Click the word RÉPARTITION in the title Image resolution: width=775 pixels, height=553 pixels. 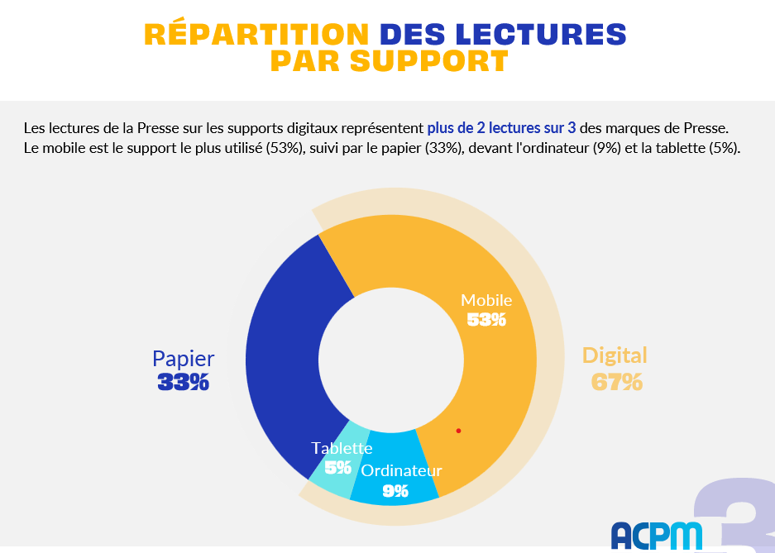coord(256,34)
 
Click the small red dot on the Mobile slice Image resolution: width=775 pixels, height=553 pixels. coord(458,431)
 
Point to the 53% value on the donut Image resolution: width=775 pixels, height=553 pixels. coord(486,320)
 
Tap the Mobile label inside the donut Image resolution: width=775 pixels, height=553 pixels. coord(486,300)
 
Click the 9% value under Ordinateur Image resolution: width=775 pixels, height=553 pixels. coord(395,491)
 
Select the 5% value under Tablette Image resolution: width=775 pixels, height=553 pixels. coord(337,468)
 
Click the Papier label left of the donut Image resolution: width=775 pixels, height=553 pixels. coord(183,359)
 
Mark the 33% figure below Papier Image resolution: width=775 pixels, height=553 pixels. coord(183,382)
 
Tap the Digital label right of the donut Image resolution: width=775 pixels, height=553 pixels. coord(615,355)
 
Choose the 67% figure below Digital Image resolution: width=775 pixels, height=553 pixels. coord(617,382)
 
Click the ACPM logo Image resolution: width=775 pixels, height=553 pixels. coord(657,535)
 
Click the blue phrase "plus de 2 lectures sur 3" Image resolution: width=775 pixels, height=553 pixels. coord(501,128)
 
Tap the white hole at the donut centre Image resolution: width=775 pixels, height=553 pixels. coord(390,360)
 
